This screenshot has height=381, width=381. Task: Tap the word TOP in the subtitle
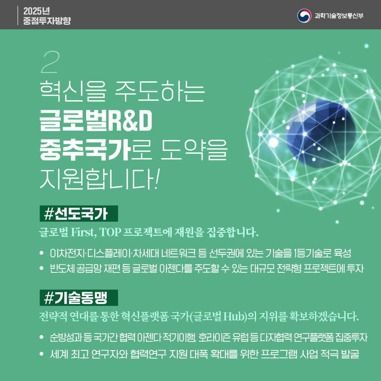coord(110,232)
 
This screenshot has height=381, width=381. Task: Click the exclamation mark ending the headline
coord(157,178)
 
